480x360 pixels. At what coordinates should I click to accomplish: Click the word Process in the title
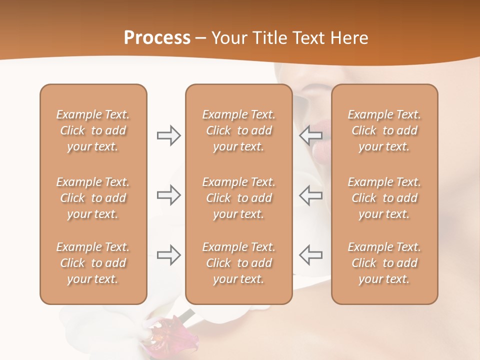157,38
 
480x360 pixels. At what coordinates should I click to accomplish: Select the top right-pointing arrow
168,135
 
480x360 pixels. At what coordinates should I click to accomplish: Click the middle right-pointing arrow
168,195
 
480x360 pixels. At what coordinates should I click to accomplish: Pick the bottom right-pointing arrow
168,255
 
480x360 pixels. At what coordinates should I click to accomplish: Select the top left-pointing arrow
311,135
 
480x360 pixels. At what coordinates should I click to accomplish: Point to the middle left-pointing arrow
311,195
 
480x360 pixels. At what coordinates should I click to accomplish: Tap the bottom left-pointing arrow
311,255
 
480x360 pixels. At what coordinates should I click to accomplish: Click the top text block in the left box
93,130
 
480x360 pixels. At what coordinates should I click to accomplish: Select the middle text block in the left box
93,198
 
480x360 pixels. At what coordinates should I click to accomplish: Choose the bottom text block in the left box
93,263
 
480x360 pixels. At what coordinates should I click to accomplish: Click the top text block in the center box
238,130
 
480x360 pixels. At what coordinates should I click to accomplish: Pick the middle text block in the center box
238,198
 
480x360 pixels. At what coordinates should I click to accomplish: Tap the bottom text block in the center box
238,263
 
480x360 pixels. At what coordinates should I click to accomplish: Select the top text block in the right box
384,130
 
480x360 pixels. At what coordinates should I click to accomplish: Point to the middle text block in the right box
384,198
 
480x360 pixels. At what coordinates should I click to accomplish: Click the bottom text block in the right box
384,263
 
